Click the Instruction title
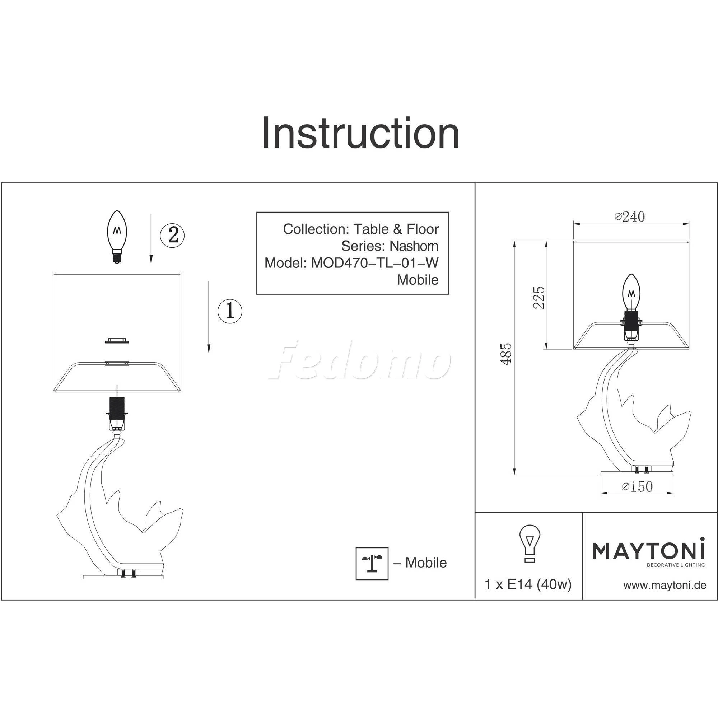[x=360, y=133]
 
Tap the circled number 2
[x=172, y=234]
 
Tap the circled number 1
[x=229, y=311]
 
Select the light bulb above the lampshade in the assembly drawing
[x=117, y=236]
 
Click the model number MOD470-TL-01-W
[x=374, y=263]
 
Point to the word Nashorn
[x=414, y=246]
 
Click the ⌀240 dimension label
[x=630, y=216]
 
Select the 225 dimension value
[x=538, y=297]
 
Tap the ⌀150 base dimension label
[x=637, y=486]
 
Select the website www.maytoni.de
[x=665, y=586]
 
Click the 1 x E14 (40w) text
[x=528, y=584]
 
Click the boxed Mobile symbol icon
[x=372, y=563]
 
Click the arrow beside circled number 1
[x=209, y=316]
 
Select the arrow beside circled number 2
[x=151, y=238]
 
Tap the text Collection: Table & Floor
[x=361, y=229]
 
